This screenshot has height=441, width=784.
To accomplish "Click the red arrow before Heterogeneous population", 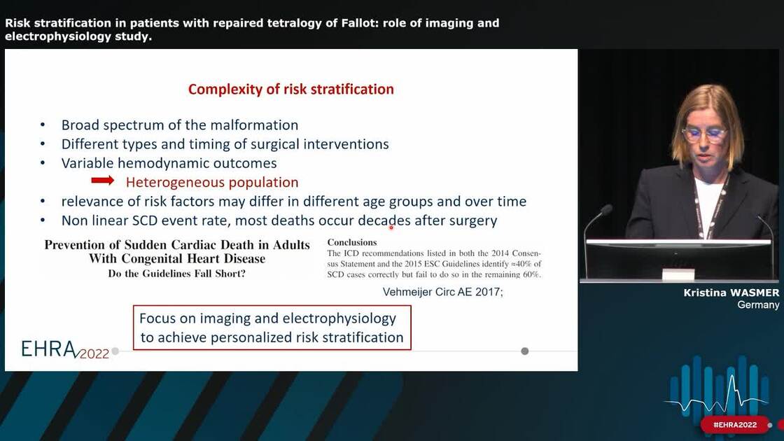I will pos(103,181).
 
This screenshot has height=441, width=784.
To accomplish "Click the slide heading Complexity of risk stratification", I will pos(290,89).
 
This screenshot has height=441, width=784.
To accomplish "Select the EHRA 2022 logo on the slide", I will pos(65,349).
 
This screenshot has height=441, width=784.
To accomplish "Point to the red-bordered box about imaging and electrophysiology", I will pos(272,328).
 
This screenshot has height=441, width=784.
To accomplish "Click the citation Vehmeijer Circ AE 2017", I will pos(442,292).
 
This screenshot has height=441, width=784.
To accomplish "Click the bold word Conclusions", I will pos(351,242).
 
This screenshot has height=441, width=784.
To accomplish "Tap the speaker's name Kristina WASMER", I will pos(731,293).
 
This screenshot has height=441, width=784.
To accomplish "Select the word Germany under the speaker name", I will pos(758,304).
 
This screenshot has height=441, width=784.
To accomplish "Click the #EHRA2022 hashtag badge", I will pos(734,425).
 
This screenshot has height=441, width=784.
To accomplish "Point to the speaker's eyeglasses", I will pos(704,134).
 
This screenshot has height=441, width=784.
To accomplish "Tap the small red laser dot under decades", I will pos(391,227).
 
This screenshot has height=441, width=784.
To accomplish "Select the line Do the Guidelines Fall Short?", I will pos(176,274).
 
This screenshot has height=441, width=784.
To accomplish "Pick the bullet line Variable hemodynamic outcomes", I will pos(169,163).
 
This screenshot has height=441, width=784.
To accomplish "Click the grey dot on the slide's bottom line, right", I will pos(524,351).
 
